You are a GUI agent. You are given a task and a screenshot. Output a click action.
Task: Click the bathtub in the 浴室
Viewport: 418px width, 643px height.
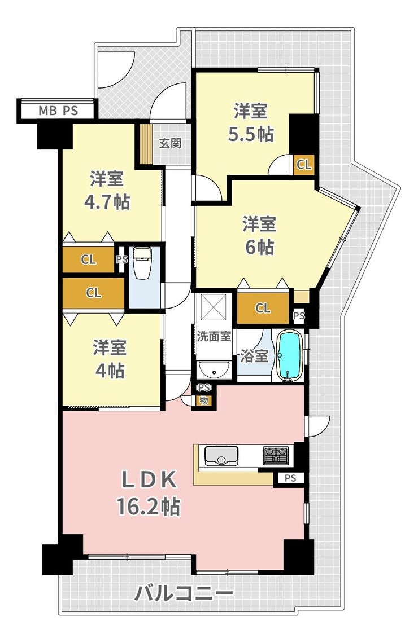click(x=290, y=355)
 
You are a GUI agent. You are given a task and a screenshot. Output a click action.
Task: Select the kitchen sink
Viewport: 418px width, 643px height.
click(x=221, y=455)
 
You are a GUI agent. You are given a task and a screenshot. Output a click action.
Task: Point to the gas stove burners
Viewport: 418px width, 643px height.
click(x=276, y=455)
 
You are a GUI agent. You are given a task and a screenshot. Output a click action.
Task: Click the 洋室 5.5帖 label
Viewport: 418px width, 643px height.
click(x=251, y=122)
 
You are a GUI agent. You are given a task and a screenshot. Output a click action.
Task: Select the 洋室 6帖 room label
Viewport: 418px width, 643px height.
click(x=259, y=235)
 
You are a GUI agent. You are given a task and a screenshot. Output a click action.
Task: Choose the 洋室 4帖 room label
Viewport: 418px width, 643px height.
click(x=109, y=359)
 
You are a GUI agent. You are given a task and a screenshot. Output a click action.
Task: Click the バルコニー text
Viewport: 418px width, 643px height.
click(x=184, y=593)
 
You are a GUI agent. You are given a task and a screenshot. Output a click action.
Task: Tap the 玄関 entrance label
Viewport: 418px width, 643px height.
click(x=170, y=143)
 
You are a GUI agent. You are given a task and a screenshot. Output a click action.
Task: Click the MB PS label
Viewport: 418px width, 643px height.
click(x=58, y=111)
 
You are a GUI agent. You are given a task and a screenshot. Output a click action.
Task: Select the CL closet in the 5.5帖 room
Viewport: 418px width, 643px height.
click(x=304, y=165)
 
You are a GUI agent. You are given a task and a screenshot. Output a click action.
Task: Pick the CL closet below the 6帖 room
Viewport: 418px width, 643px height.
click(x=263, y=307)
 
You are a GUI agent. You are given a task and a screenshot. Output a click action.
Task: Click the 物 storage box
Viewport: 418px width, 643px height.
click(x=204, y=400)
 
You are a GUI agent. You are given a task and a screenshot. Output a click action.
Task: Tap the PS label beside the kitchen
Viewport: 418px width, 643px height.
click(x=290, y=478)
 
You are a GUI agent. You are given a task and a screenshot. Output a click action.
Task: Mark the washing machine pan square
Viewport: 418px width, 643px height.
click(x=213, y=306)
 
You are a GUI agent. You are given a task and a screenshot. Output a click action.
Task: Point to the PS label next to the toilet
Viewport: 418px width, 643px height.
click(x=122, y=259)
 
